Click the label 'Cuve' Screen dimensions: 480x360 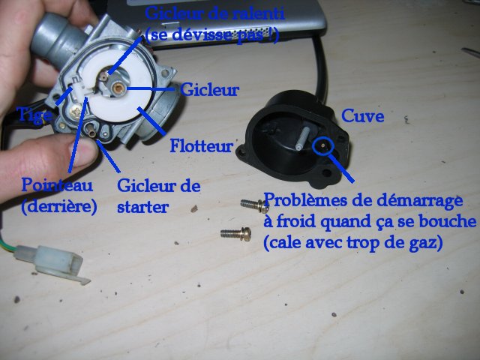[362, 116]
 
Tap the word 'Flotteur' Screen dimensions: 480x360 [202, 145]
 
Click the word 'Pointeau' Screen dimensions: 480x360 [57, 185]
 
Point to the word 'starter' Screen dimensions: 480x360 [142, 207]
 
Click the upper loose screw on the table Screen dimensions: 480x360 [255, 205]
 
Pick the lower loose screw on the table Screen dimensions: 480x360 [236, 234]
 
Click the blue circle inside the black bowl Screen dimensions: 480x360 [323, 145]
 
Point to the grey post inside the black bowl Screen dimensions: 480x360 [301, 137]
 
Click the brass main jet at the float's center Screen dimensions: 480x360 [118, 88]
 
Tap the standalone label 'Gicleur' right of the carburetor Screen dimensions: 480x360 [210, 90]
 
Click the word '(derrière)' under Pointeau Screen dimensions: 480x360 [59, 207]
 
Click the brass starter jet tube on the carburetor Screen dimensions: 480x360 [91, 129]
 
